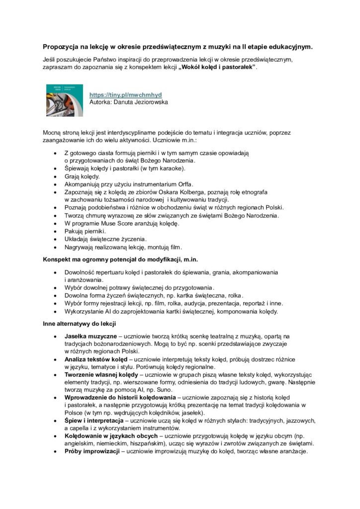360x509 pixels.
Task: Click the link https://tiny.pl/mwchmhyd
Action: [125, 94]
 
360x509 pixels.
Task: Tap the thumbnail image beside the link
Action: [65, 99]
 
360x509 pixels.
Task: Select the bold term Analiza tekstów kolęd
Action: [95, 358]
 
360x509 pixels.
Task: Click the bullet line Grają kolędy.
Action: [82, 176]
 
